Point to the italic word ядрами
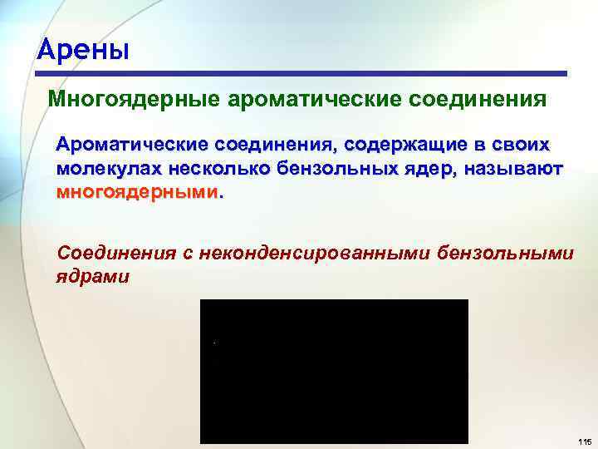92,275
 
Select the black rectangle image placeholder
334,371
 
